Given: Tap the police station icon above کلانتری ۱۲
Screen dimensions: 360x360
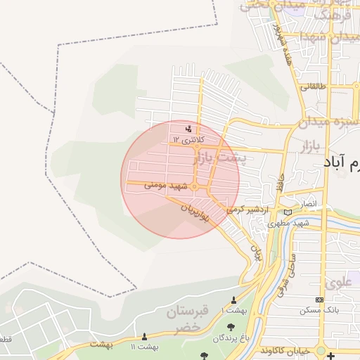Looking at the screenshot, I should pyautogui.click(x=188, y=129).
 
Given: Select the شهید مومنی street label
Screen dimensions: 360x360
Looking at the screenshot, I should pyautogui.click(x=167, y=186).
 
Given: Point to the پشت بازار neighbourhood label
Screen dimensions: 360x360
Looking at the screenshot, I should pyautogui.click(x=219, y=158).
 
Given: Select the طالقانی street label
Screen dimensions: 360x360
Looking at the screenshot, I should pyautogui.click(x=314, y=87).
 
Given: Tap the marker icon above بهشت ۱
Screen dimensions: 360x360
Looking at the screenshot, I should pyautogui.click(x=233, y=300).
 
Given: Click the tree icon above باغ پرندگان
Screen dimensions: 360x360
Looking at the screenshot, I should pyautogui.click(x=232, y=326).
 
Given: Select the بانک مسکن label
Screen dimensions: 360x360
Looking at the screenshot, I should pyautogui.click(x=315, y=310).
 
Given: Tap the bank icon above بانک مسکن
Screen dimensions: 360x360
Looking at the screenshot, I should pyautogui.click(x=320, y=300).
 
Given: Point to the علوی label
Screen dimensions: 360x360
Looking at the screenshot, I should pyautogui.click(x=335, y=283).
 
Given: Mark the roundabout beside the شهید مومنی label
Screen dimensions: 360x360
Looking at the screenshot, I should pyautogui.click(x=193, y=186).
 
